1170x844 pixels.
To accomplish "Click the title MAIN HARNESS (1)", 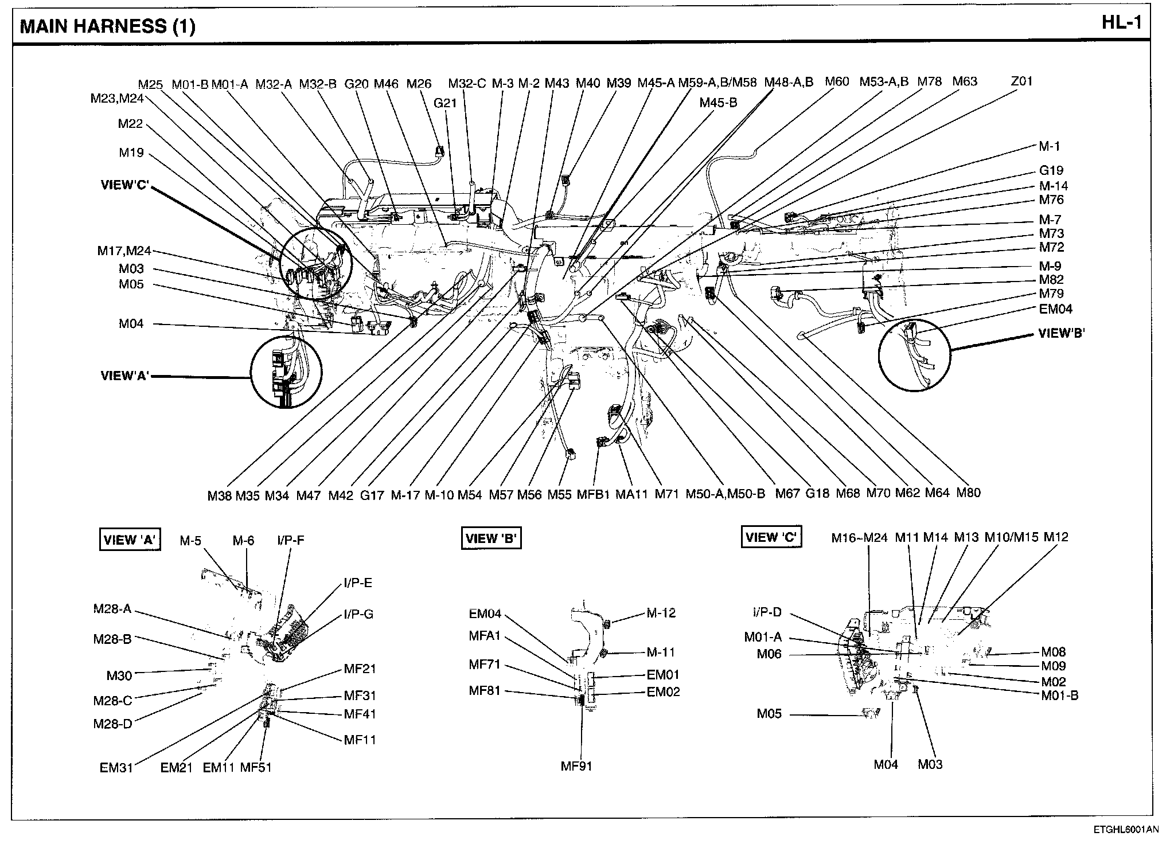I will [108, 26].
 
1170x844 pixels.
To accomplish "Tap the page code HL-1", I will [1122, 22].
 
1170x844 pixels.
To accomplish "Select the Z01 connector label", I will [1021, 81].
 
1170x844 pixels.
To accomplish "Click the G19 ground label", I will [1051, 170].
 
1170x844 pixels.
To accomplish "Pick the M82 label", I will [1051, 280].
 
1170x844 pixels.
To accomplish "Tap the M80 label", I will [968, 493].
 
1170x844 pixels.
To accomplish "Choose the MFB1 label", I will [592, 494].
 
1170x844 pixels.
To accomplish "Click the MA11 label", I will [631, 494].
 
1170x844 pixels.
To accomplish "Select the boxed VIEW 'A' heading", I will [130, 540].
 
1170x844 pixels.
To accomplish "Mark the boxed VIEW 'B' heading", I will [491, 539].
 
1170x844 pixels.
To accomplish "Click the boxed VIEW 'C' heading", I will [771, 538].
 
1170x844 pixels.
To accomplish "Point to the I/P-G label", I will [358, 615].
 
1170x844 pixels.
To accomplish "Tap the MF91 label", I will [576, 766].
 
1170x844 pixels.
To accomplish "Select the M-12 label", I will [661, 614].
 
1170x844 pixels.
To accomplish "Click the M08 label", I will [1053, 652].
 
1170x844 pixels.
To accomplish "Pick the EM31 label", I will [116, 768].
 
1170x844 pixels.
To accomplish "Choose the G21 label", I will [444, 103].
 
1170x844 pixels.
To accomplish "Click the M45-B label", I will [718, 103].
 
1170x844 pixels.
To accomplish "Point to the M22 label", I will [130, 124].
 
